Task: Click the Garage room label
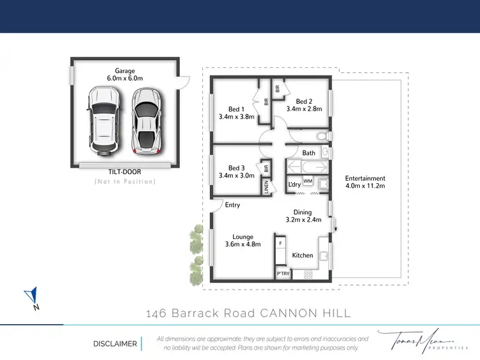[125, 70]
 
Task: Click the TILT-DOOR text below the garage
[125, 172]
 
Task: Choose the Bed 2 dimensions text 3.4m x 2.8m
[304, 109]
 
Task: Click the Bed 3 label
[237, 167]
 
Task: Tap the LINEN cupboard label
[266, 186]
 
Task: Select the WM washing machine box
[307, 182]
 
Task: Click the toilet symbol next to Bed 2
[323, 136]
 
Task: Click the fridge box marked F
[280, 243]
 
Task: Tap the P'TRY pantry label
[282, 274]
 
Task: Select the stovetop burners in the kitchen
[308, 274]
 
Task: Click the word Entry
[232, 205]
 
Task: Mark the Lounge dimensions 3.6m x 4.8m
[243, 244]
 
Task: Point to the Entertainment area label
[365, 178]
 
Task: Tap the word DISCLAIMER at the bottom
[115, 343]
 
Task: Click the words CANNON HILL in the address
[305, 313]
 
